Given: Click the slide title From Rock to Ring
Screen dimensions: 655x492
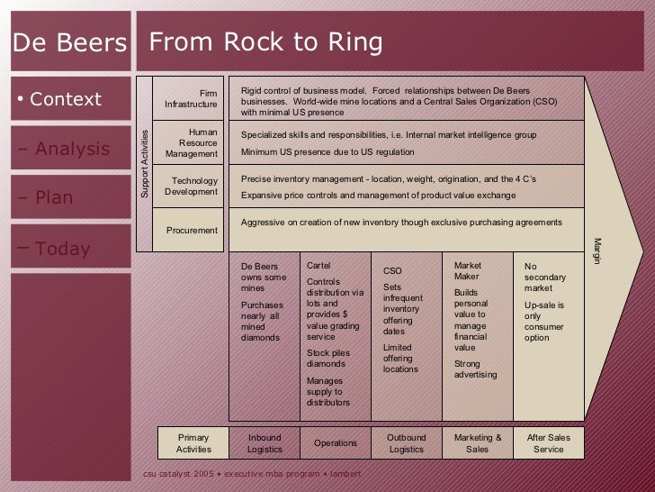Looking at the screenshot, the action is (x=265, y=42).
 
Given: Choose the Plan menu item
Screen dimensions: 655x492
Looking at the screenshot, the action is (x=54, y=197).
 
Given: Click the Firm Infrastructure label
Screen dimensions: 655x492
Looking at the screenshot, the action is (x=191, y=98).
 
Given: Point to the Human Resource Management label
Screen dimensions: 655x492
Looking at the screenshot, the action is (x=191, y=142).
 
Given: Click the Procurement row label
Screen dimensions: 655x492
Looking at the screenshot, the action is (x=192, y=230).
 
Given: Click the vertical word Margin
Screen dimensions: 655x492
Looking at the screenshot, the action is (x=595, y=251).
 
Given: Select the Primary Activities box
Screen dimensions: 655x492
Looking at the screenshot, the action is (x=193, y=442).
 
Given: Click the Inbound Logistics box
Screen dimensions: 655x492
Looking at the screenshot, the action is (x=264, y=442).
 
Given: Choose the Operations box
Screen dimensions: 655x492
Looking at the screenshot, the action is (x=335, y=442).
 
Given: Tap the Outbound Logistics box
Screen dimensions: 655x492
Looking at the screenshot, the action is (x=406, y=442).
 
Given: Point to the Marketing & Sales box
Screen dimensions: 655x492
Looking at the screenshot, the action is (x=478, y=442).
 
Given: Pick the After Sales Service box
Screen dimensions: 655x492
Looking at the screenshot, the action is (x=548, y=442).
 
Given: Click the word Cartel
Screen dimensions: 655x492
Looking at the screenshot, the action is (x=319, y=266).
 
